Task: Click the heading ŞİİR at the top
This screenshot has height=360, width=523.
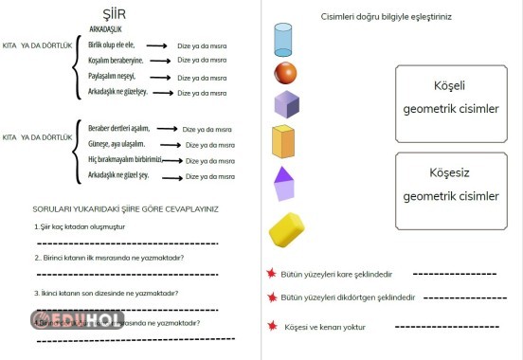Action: tap(114, 13)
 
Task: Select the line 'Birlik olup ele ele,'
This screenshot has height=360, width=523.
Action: tap(112, 45)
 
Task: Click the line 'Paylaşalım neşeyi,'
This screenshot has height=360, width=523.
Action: tap(113, 77)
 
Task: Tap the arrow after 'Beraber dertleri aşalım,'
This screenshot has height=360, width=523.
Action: tap(167, 129)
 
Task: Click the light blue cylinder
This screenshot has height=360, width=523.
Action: tap(284, 40)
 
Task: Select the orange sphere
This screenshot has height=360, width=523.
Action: tap(285, 73)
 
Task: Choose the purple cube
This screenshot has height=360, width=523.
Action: tap(286, 103)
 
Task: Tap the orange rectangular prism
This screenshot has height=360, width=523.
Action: tap(285, 141)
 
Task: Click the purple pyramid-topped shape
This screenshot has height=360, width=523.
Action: tap(284, 184)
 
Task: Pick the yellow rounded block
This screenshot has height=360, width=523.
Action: tap(286, 229)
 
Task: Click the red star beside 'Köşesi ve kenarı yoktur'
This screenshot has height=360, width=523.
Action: tap(273, 326)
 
